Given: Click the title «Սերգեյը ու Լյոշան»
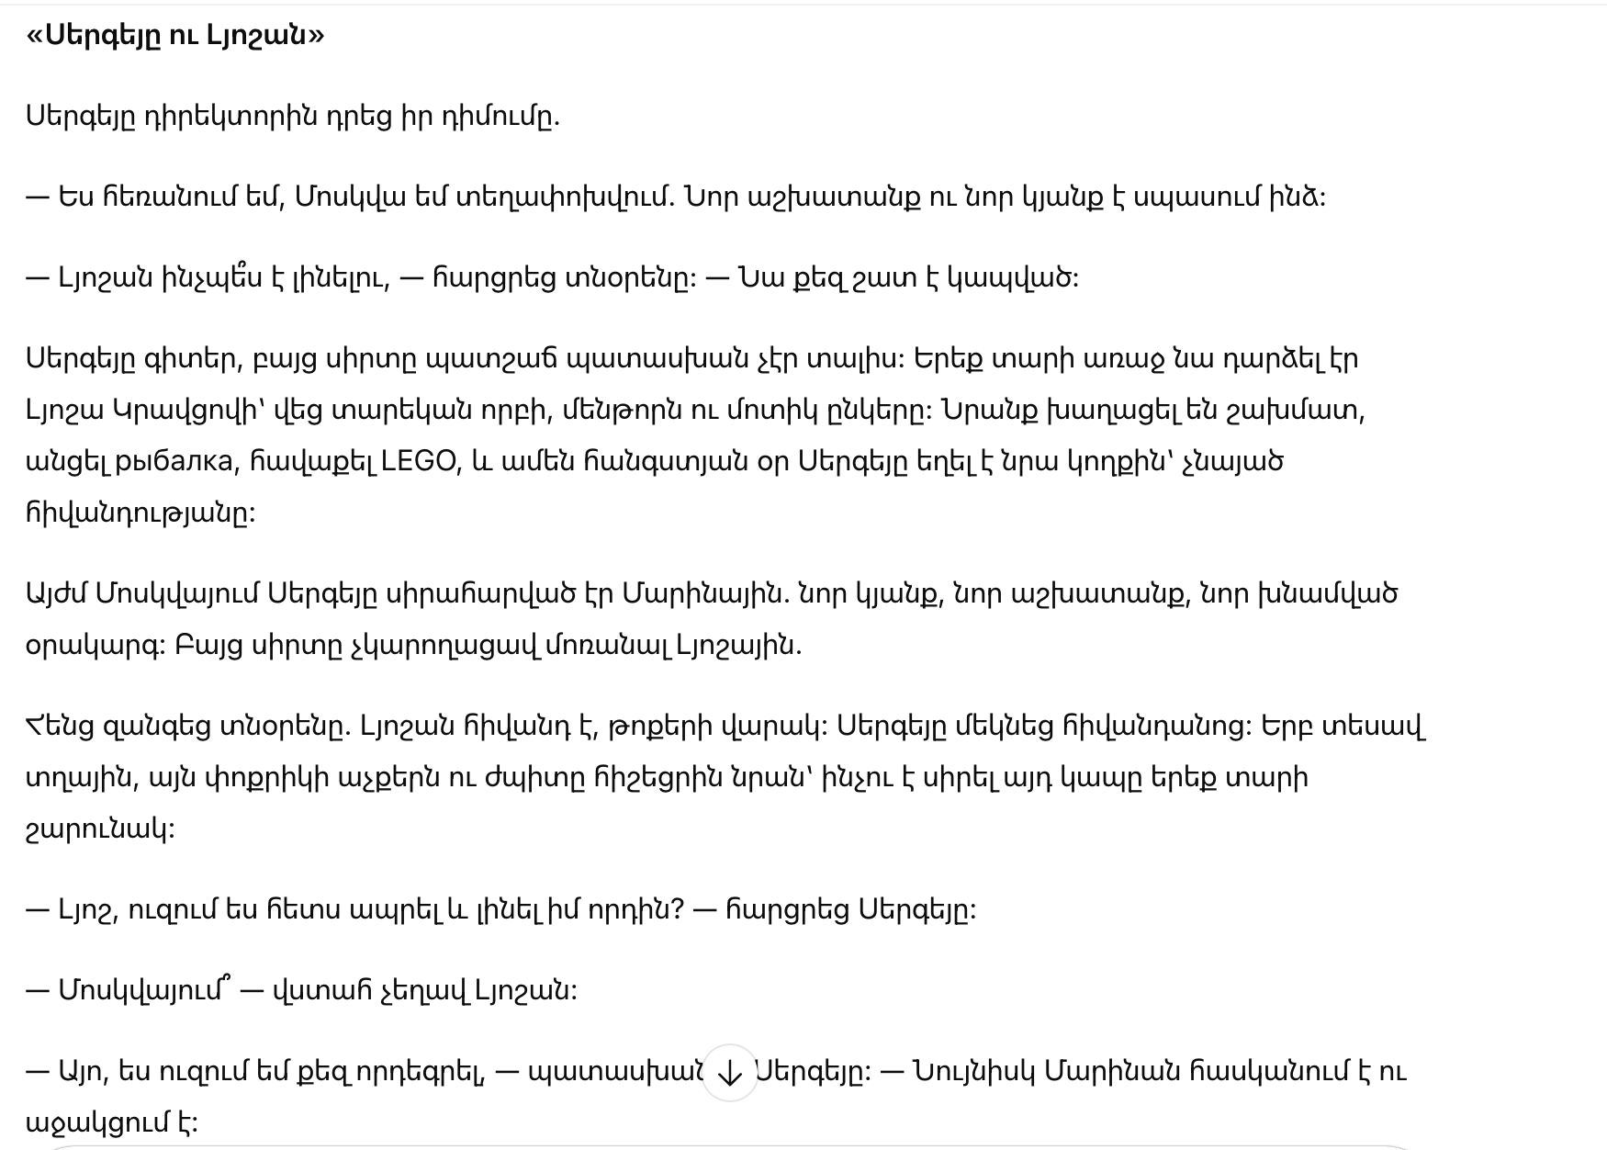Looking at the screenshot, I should (x=175, y=36).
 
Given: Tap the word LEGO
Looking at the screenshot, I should (x=419, y=460).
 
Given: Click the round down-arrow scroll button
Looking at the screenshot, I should (x=729, y=1072).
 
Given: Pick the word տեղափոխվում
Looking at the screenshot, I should (x=564, y=197).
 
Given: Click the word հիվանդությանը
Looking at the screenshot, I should (x=140, y=513).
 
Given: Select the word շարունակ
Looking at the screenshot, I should (x=99, y=829).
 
